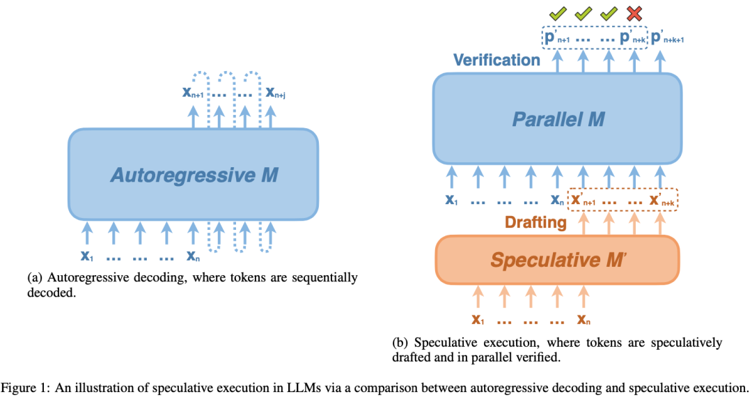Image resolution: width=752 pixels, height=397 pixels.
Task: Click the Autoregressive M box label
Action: point(194,174)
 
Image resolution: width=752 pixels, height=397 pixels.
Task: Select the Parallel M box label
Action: point(558,118)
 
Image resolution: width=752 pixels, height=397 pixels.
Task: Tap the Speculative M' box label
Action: point(557,260)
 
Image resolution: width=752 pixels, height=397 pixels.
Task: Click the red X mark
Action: point(634,13)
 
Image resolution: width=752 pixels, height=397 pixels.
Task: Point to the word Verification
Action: point(496,60)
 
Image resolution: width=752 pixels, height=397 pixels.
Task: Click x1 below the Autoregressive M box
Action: point(87,256)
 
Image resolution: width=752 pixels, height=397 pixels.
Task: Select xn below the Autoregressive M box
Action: point(194,256)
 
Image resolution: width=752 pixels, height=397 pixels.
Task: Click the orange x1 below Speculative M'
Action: point(478,320)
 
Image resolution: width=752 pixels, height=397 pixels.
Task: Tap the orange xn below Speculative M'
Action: point(583,320)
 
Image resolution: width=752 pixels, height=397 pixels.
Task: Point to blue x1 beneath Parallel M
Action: point(451,200)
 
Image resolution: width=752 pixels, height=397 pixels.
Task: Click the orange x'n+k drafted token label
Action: point(661,201)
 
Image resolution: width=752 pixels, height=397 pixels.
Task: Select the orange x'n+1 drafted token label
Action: point(583,201)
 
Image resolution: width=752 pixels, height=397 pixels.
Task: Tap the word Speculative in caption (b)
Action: point(444,343)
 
